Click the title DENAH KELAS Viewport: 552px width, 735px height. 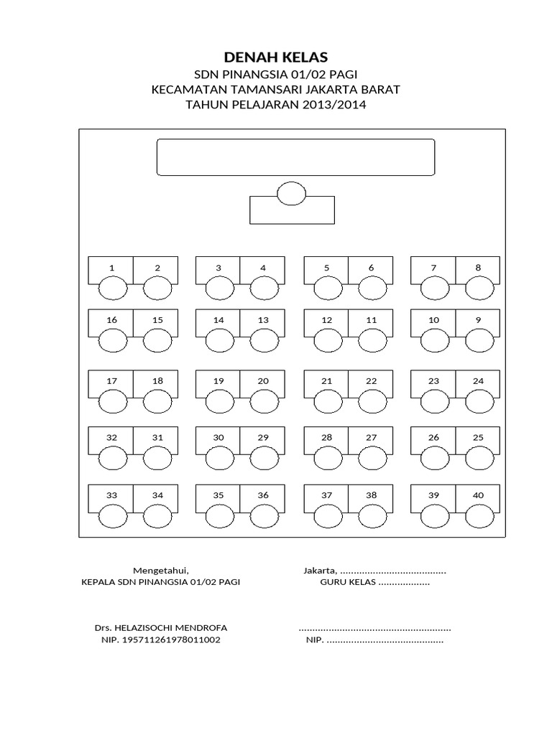276,57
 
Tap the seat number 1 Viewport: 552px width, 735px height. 111,268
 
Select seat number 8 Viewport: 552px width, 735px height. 478,268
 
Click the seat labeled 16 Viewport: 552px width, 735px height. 111,320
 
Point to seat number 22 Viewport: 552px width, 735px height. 371,381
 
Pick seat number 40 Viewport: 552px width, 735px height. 478,495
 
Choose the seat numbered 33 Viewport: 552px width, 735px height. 111,495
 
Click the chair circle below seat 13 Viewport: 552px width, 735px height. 264,340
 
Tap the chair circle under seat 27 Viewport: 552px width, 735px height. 372,457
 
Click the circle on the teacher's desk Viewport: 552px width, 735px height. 292,194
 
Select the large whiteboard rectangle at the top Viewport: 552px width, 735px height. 295,157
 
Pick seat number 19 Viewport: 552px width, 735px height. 219,381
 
